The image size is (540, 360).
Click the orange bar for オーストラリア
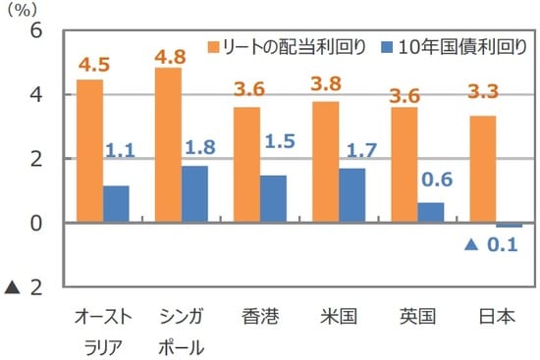pyautogui.click(x=89, y=151)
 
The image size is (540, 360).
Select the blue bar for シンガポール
pyautogui.click(x=194, y=194)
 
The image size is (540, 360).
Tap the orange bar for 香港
pyautogui.click(x=246, y=165)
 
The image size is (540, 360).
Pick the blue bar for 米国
pyautogui.click(x=351, y=195)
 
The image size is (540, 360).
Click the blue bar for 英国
pyautogui.click(x=430, y=213)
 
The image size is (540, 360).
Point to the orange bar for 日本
pyautogui.click(x=482, y=169)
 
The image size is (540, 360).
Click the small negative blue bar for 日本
pyautogui.click(x=509, y=226)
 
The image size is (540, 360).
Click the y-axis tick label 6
pyautogui.click(x=36, y=30)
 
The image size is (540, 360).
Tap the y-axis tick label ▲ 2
pyautogui.click(x=27, y=287)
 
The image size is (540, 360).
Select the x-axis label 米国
pyautogui.click(x=338, y=317)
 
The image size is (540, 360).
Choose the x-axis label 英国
pyautogui.click(x=416, y=317)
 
